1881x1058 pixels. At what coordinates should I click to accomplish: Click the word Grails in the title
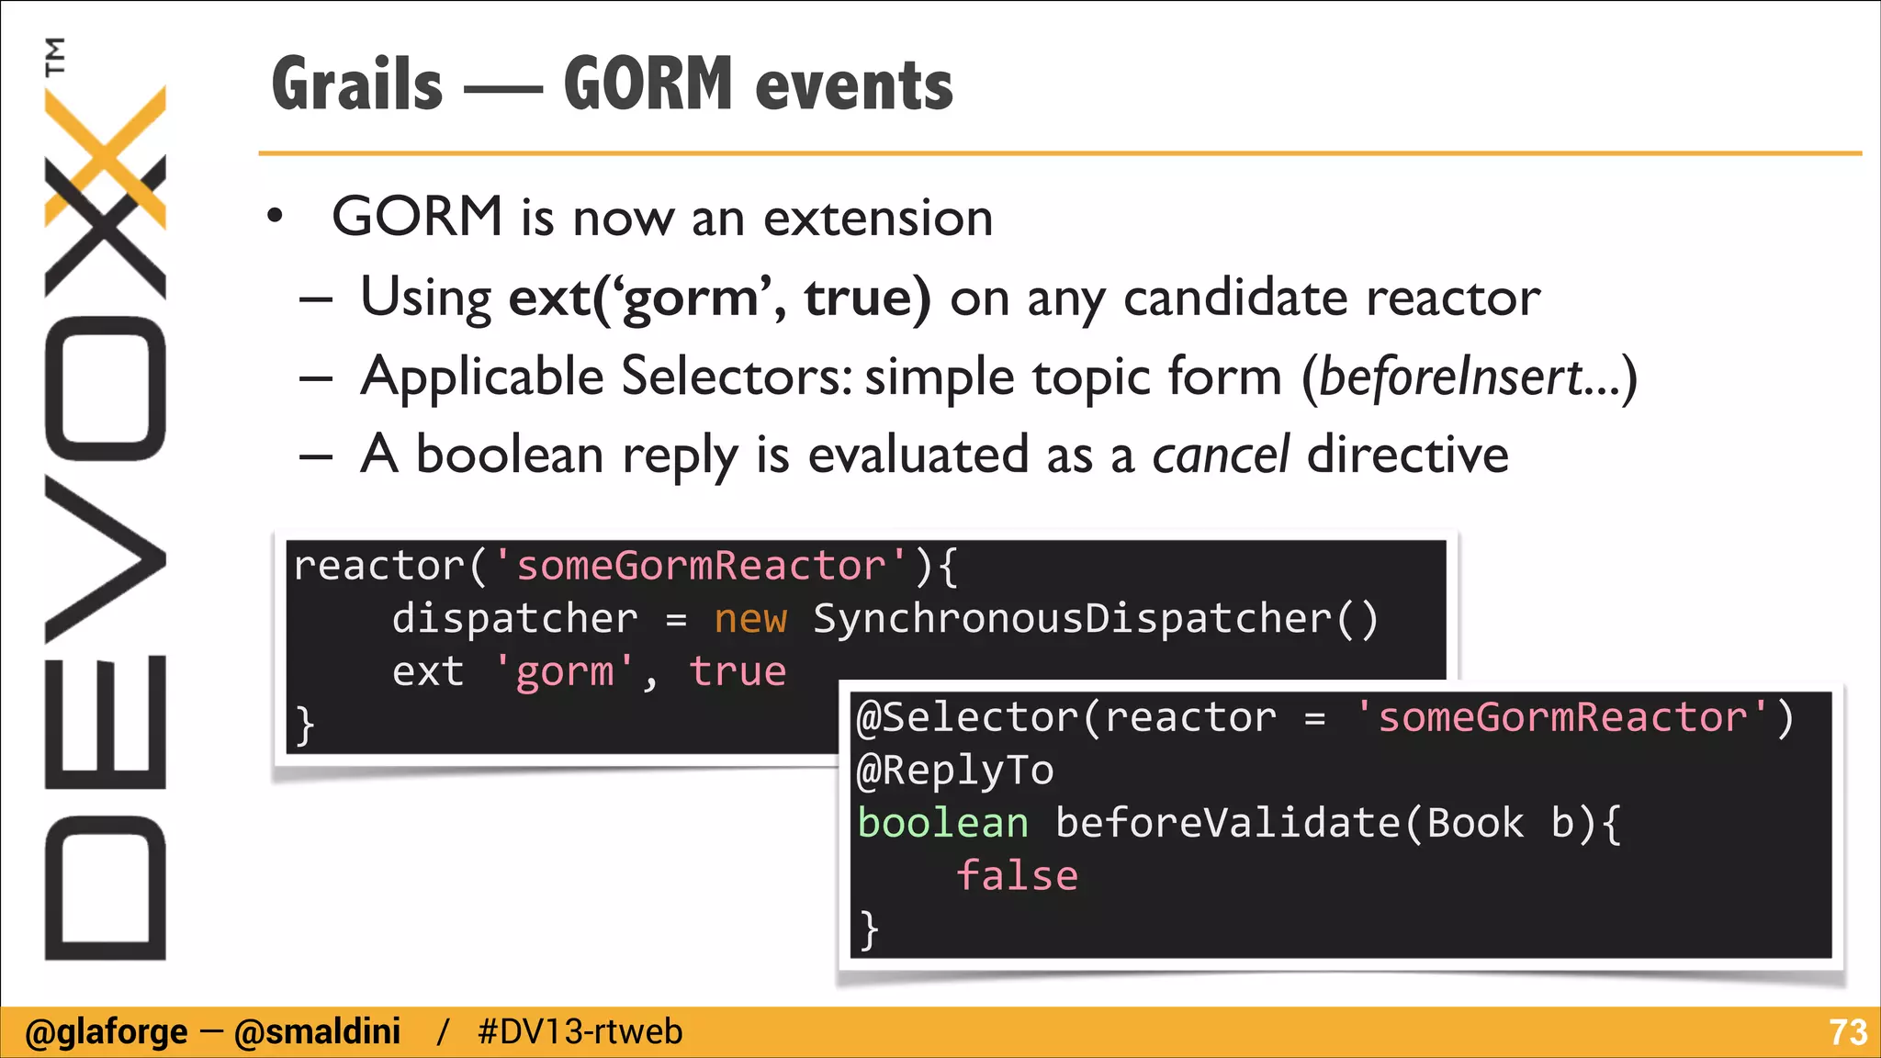pyautogui.click(x=357, y=84)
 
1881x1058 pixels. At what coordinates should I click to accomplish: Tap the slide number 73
pyautogui.click(x=1847, y=1032)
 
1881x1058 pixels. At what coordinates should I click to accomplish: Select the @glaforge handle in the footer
pyautogui.click(x=106, y=1032)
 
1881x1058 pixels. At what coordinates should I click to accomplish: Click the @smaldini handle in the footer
pyautogui.click(x=317, y=1032)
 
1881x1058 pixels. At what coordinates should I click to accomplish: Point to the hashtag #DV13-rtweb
pyautogui.click(x=580, y=1032)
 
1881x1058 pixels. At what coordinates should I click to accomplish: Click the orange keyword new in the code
pyautogui.click(x=750, y=619)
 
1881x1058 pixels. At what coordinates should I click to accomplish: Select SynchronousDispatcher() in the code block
pyautogui.click(x=1095, y=619)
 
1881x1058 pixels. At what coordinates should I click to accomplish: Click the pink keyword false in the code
pyautogui.click(x=1017, y=876)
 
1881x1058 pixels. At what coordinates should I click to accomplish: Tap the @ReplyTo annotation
pyautogui.click(x=955, y=771)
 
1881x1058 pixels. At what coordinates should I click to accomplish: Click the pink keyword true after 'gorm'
pyautogui.click(x=738, y=671)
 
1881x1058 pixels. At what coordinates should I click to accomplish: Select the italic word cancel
pyautogui.click(x=1221, y=456)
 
